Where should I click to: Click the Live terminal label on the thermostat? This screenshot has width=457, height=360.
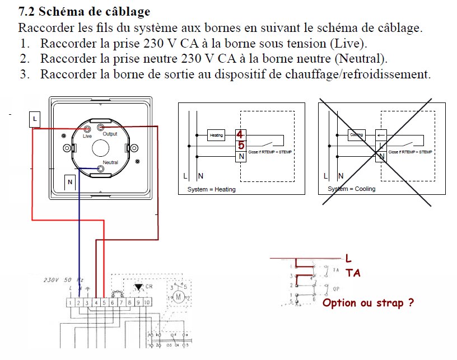click(x=87, y=136)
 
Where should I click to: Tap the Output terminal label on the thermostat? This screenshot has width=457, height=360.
click(x=110, y=134)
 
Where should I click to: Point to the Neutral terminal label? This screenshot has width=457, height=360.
click(x=110, y=162)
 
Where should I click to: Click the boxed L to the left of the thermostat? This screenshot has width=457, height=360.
click(x=35, y=119)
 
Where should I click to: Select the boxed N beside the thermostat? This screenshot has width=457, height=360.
click(x=70, y=181)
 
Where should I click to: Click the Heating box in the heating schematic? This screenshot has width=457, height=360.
click(x=216, y=135)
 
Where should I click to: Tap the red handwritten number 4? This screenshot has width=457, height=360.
click(x=240, y=135)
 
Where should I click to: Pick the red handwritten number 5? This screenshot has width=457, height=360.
click(x=241, y=146)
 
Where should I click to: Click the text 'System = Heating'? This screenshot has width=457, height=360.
click(x=211, y=189)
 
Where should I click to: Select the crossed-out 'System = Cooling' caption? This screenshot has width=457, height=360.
click(x=351, y=189)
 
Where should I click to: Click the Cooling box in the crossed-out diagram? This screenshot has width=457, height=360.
click(x=356, y=135)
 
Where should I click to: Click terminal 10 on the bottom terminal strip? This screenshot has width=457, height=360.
click(x=147, y=302)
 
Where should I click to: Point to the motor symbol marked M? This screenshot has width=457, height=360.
click(x=180, y=297)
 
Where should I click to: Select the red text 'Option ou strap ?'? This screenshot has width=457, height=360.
click(x=368, y=303)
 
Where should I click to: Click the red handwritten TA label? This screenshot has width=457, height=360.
click(x=352, y=273)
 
